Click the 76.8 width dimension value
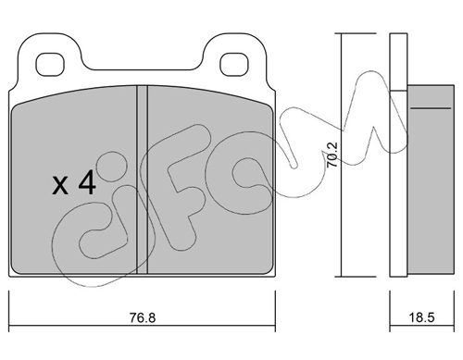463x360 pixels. (143, 318)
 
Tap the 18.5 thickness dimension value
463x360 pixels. (421, 317)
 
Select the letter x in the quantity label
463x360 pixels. (60, 186)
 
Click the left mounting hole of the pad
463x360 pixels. (50, 65)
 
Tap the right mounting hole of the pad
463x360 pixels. (234, 65)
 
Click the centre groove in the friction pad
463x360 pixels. (143, 180)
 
